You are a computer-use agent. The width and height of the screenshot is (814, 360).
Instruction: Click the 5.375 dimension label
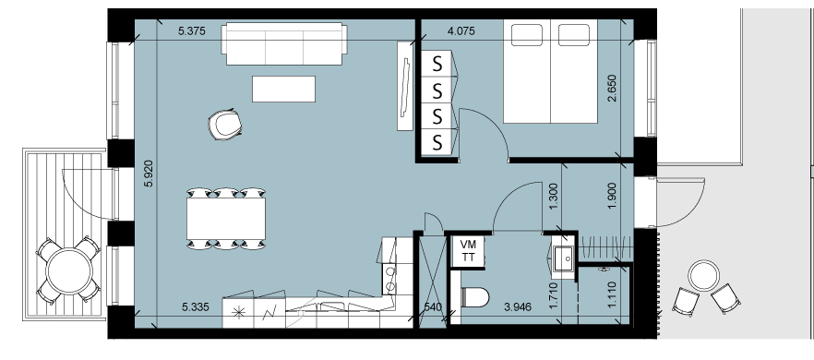click(192, 31)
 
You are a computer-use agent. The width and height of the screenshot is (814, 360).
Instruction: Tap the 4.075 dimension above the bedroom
click(461, 31)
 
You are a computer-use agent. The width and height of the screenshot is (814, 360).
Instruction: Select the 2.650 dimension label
click(613, 88)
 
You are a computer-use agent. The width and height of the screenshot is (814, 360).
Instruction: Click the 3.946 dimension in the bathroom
click(518, 307)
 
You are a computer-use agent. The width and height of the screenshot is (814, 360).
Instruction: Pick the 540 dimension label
click(433, 307)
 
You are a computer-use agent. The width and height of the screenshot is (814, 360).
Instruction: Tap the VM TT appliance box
click(468, 252)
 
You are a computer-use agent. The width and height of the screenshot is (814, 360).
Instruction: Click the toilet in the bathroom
click(475, 297)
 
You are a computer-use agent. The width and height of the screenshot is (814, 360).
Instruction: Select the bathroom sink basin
click(563, 258)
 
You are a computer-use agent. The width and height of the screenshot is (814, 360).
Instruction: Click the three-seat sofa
click(284, 43)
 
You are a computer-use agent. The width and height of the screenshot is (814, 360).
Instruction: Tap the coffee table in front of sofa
click(283, 89)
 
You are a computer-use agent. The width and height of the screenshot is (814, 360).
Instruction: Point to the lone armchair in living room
click(225, 125)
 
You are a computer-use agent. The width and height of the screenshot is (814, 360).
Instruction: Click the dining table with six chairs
click(226, 219)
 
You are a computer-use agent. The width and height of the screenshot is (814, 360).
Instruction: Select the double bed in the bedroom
click(550, 71)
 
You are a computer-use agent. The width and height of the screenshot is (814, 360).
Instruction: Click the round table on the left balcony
click(69, 270)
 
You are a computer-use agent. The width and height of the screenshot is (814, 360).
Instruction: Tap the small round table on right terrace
click(704, 276)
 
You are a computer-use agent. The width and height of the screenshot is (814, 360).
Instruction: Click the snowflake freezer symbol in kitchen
click(238, 312)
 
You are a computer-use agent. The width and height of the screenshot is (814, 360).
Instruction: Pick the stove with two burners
click(389, 279)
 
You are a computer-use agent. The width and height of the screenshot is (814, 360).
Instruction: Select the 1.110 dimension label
click(612, 294)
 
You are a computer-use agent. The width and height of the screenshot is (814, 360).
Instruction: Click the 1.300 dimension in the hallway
click(553, 197)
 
